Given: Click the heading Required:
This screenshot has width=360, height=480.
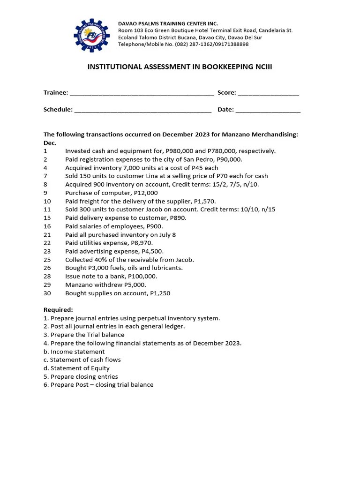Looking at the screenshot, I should coord(58,310).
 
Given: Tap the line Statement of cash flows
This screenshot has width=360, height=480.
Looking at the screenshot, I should coord(85,360).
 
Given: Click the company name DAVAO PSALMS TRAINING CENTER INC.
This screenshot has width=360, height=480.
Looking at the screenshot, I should coord(168,23).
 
